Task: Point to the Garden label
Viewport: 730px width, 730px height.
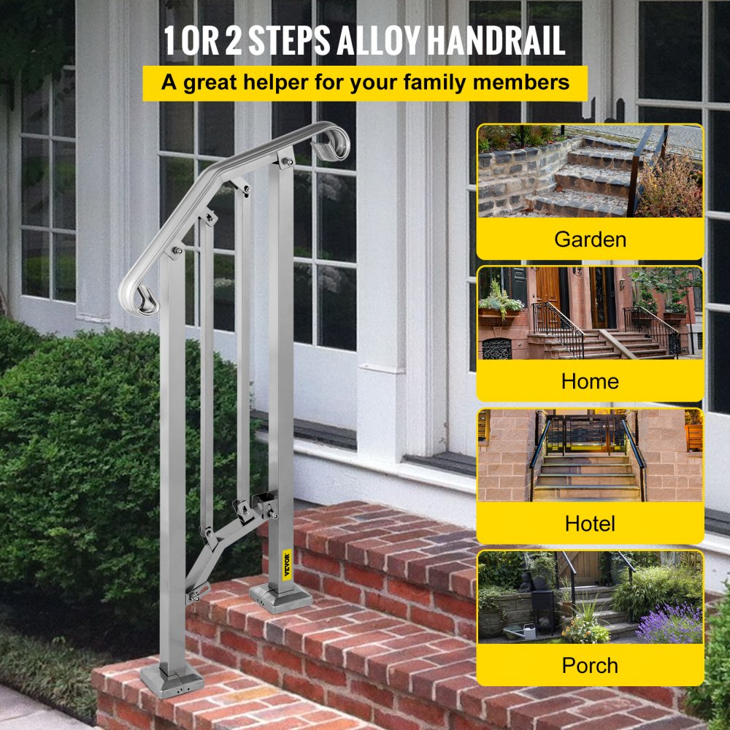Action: tap(590, 239)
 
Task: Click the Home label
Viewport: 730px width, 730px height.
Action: tap(590, 381)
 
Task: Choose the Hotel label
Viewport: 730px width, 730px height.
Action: tap(590, 523)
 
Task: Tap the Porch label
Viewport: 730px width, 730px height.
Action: tap(590, 666)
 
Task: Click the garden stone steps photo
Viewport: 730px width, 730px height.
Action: tap(590, 172)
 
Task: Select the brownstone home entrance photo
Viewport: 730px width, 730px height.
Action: tap(590, 314)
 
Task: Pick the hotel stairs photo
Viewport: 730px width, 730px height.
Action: tap(590, 456)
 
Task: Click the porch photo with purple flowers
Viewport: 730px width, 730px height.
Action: tap(590, 597)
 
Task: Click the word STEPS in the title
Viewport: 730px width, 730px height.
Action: tap(288, 41)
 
